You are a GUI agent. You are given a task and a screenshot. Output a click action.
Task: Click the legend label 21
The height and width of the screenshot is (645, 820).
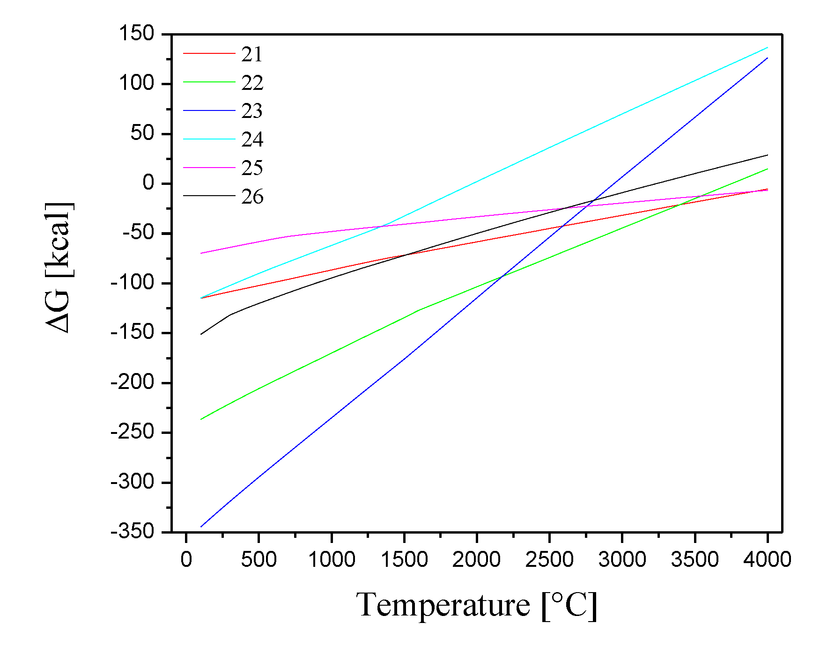coord(252,54)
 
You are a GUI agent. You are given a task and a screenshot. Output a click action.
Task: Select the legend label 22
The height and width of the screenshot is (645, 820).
coord(252,83)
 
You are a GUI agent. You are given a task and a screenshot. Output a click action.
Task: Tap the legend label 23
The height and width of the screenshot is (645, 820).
coord(252,111)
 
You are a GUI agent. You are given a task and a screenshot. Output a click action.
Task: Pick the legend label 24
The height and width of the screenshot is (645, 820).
coord(252,139)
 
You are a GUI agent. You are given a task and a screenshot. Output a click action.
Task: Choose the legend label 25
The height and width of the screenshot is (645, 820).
coord(252,168)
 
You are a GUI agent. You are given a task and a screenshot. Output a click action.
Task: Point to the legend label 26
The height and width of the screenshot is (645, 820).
coord(252,197)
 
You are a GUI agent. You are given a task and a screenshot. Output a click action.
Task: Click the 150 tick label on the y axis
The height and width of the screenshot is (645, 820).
coord(136,34)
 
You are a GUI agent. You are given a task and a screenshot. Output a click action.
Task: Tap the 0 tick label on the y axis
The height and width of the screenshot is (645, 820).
coord(148,183)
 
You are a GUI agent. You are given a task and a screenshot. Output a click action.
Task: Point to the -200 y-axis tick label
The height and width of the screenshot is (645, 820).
coord(133,382)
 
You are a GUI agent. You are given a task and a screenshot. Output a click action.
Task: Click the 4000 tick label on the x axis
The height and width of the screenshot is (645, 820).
coord(767,559)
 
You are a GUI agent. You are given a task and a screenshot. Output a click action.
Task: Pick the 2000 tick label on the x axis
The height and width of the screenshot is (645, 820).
coord(476,559)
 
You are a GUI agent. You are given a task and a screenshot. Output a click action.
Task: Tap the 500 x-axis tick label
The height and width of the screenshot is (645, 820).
coord(259,559)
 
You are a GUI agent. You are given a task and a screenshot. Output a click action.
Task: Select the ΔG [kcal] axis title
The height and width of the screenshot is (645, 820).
coord(59,267)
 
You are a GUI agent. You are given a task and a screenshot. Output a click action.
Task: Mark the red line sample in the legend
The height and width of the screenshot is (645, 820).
coord(209,54)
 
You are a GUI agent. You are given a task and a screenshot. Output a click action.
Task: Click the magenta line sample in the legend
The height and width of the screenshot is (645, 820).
coord(209,168)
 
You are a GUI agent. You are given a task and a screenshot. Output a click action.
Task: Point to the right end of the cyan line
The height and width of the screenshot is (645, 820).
coord(768,47)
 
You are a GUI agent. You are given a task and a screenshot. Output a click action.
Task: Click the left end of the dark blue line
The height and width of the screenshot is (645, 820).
coord(201,527)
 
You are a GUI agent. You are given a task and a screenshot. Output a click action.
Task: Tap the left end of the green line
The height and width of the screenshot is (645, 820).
coord(201,419)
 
